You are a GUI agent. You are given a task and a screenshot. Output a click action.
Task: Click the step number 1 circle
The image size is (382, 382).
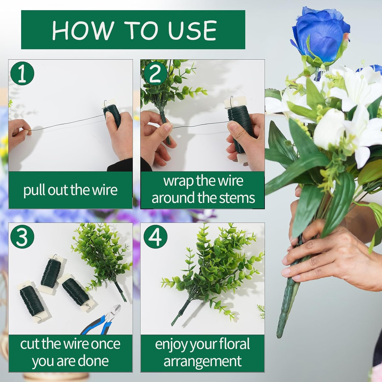22,73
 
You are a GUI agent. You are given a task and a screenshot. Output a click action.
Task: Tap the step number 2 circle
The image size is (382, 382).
155,73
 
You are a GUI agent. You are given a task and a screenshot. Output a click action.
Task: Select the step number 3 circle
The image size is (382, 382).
22,236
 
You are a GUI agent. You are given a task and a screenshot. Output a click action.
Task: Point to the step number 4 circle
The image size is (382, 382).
155,236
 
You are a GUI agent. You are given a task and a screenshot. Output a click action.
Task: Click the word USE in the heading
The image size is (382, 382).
193,30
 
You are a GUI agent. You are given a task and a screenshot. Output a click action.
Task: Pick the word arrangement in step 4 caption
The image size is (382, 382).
202,361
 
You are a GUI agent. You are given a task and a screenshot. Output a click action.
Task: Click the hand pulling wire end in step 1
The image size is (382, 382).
19,129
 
